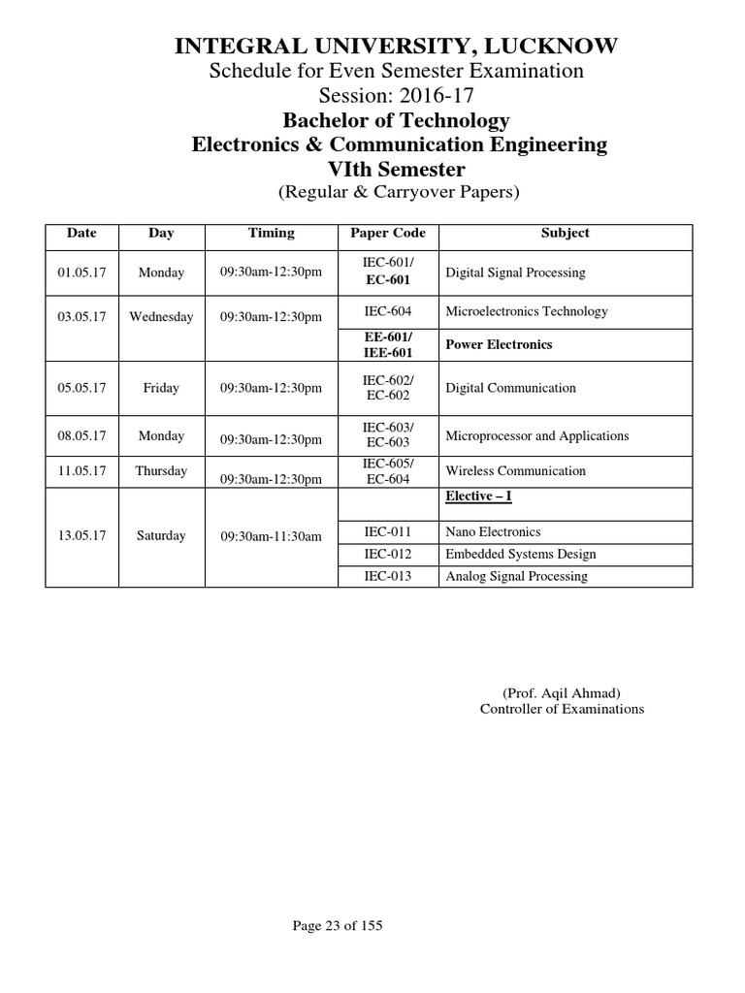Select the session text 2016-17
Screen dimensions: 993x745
coord(436,95)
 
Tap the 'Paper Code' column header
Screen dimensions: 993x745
coord(388,234)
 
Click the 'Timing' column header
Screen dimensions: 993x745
coord(271,234)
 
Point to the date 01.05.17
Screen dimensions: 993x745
coord(81,272)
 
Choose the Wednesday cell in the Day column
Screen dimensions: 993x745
coord(161,317)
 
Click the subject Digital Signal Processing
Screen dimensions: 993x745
coord(515,273)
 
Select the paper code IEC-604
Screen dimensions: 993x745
coord(388,311)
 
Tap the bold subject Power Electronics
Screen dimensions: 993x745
coord(499,344)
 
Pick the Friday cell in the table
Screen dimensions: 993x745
coord(161,388)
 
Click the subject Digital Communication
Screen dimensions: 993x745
coord(510,388)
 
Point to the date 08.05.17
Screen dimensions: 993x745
coord(81,436)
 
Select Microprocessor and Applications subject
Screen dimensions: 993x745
coord(536,436)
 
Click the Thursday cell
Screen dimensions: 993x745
coord(161,471)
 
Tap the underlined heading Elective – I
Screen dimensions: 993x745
coord(478,497)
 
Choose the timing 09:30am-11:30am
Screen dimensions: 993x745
coord(271,536)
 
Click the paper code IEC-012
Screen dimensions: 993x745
coord(388,555)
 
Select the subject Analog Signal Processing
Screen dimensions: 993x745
coord(516,577)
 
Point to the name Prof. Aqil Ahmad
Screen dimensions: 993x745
coord(562,693)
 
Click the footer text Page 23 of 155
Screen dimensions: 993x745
coord(338,926)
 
